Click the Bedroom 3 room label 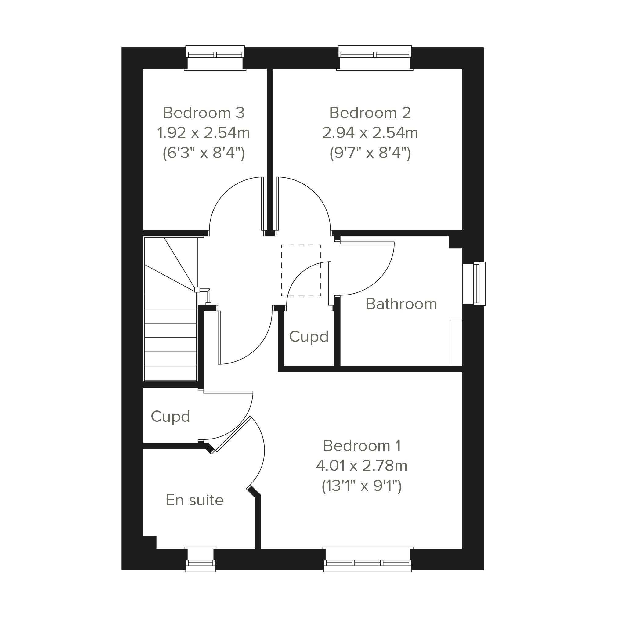[204, 113]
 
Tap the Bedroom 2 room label [370, 113]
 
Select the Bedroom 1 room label [362, 446]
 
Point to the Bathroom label [401, 304]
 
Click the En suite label [194, 500]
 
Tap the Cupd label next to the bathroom [309, 337]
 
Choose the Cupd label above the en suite [170, 417]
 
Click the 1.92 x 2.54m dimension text [204, 133]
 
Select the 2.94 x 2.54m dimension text [370, 133]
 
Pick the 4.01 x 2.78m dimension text [362, 466]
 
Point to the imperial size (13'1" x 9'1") [362, 486]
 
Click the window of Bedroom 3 [215, 58]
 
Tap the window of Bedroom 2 [375, 58]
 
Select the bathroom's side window [474, 284]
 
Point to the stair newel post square [197, 290]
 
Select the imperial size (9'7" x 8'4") [370, 153]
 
